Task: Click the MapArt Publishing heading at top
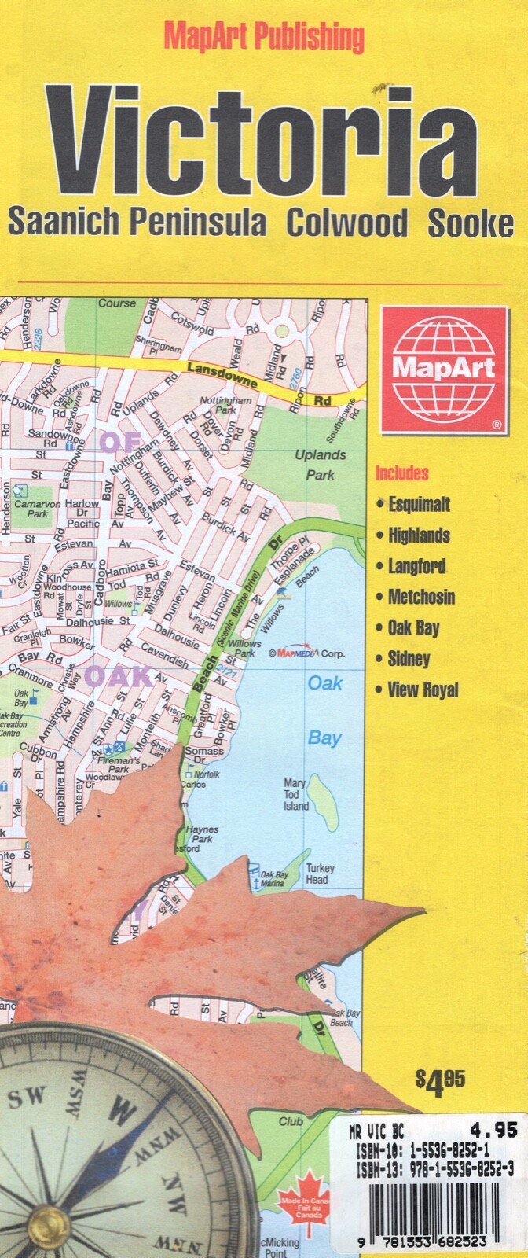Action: coord(264,38)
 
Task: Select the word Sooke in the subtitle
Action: coord(470,223)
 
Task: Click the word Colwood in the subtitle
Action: coord(346,223)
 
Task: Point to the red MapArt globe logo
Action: coord(444,370)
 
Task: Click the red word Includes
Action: coord(401,473)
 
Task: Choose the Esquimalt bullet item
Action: coord(419,504)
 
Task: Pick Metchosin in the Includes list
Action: coord(421,597)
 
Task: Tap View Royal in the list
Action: coord(423,690)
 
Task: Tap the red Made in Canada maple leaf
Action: coord(303,1203)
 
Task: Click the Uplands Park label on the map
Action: coord(320,465)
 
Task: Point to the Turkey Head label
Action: coord(320,874)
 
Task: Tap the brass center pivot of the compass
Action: coord(49,1227)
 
